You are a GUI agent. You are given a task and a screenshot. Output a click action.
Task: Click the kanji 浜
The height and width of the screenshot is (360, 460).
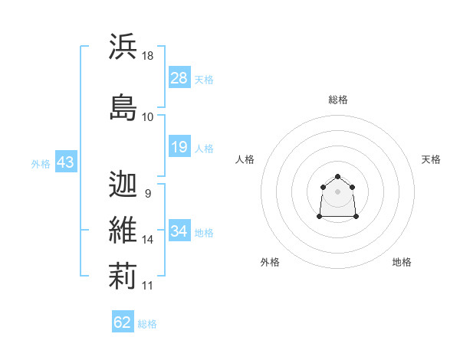click(x=123, y=46)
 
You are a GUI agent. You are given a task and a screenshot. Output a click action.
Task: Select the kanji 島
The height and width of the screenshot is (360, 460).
click(x=123, y=107)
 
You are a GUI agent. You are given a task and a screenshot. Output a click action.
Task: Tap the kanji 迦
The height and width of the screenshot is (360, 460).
click(x=123, y=184)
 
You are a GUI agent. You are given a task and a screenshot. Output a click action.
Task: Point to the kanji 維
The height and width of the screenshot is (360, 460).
click(x=123, y=230)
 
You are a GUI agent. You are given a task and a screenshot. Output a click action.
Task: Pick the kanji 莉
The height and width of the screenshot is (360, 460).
click(x=123, y=276)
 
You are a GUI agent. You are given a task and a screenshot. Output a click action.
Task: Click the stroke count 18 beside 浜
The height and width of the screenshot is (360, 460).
click(x=147, y=56)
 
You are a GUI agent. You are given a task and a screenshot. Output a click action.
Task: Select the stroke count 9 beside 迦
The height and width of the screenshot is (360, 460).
click(x=148, y=194)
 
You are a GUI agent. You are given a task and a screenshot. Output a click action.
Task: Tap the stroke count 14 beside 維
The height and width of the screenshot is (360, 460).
click(x=147, y=240)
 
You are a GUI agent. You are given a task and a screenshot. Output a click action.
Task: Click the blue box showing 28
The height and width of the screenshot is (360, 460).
click(x=179, y=77)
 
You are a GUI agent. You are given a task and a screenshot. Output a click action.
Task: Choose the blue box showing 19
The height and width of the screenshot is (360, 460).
click(x=179, y=146)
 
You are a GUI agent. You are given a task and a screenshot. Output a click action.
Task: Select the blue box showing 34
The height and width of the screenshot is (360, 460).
click(x=179, y=230)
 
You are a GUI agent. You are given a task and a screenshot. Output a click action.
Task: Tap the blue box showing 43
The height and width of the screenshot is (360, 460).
click(x=66, y=161)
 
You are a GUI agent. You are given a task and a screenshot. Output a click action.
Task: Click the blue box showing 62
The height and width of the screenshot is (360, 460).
click(x=123, y=321)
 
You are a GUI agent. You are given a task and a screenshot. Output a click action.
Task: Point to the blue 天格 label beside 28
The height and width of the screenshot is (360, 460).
click(x=204, y=80)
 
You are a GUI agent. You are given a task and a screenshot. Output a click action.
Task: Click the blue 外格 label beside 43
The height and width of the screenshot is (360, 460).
click(x=41, y=164)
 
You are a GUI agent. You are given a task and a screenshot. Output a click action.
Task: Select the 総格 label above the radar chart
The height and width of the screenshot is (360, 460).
click(x=338, y=100)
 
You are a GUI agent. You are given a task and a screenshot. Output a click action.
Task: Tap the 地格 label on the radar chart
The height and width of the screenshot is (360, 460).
click(x=402, y=262)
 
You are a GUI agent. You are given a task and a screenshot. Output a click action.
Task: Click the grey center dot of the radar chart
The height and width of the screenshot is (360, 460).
click(x=337, y=191)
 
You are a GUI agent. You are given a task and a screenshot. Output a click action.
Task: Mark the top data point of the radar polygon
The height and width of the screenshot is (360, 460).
click(x=337, y=176)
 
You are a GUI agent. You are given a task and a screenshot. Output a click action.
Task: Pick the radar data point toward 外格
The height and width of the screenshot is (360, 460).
click(x=320, y=216)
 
